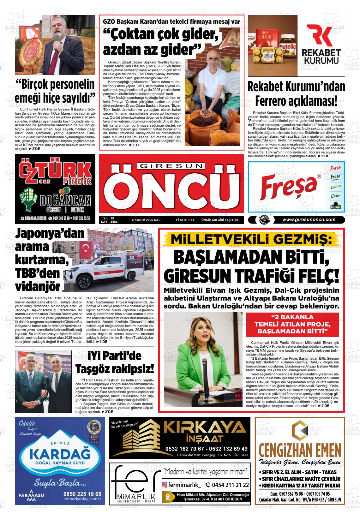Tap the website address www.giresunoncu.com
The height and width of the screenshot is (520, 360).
coord(309,220)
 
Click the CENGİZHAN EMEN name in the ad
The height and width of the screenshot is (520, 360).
coord(299,449)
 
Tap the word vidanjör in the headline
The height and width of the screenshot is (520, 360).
coord(38,286)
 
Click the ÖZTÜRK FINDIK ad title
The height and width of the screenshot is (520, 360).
coord(55,173)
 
